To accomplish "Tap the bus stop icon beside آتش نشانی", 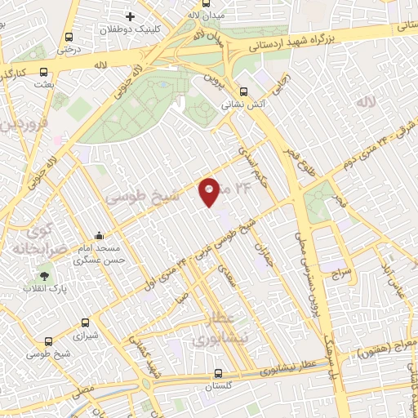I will pyautogui.click(x=244, y=91).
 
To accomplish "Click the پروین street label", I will pyautogui.click(x=214, y=78).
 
